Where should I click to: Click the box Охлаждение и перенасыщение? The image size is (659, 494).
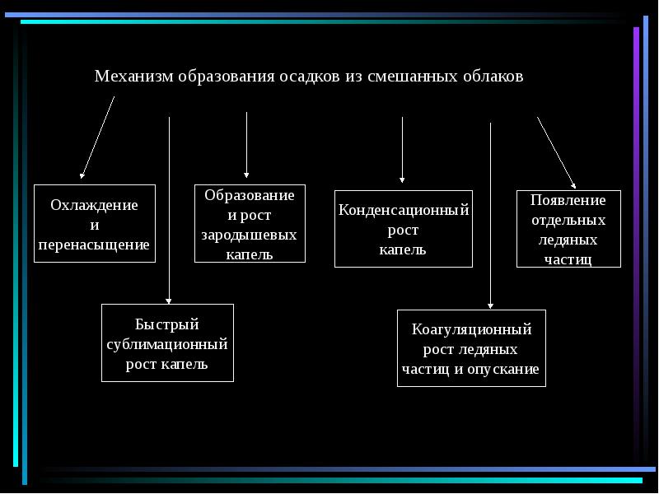(95, 224)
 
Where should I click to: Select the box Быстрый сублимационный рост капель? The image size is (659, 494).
(167, 343)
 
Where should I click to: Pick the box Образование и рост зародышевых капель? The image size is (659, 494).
(250, 224)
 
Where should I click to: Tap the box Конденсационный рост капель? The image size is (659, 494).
(404, 229)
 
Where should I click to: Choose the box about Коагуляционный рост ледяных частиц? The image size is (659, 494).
(471, 348)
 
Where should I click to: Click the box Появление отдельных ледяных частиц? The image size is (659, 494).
(568, 229)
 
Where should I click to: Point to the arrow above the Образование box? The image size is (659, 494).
(247, 144)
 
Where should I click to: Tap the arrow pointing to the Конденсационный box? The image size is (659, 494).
(402, 148)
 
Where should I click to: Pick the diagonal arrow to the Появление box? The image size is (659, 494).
(556, 151)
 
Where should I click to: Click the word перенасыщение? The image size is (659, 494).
(94, 245)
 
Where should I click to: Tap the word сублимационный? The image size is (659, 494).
(167, 344)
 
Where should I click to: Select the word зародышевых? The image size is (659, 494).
(249, 235)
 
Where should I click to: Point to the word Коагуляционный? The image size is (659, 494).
(471, 329)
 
